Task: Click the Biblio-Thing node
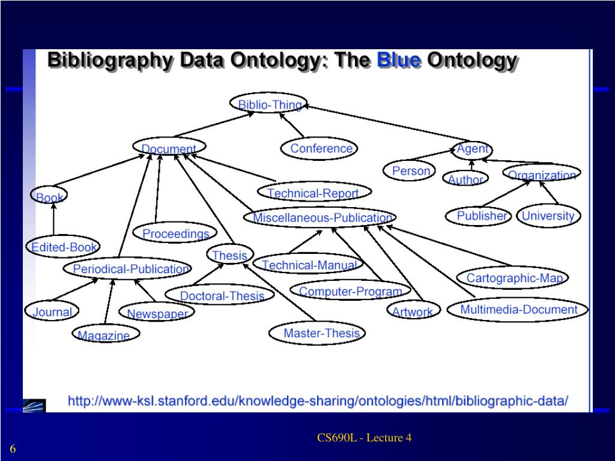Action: click(x=268, y=104)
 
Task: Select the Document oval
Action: click(x=169, y=148)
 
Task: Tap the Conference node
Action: click(x=320, y=148)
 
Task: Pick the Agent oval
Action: click(x=472, y=148)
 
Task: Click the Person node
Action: click(x=411, y=171)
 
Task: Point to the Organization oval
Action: click(x=542, y=174)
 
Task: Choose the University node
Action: click(x=548, y=215)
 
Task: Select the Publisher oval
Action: click(x=480, y=215)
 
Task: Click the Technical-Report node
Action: click(x=313, y=193)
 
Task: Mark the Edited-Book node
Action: click(x=63, y=247)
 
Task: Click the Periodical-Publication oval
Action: click(x=129, y=269)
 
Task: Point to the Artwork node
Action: click(x=413, y=311)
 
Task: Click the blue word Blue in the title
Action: click(x=398, y=61)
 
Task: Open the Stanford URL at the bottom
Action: click(x=317, y=400)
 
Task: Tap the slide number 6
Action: click(x=13, y=450)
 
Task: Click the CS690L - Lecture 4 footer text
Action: click(x=365, y=438)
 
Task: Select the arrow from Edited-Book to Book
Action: click(x=53, y=219)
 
